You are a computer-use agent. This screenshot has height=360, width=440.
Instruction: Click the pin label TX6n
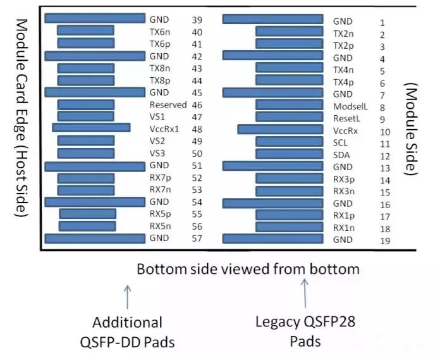[x=161, y=31]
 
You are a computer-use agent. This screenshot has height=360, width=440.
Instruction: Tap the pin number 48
[x=197, y=128]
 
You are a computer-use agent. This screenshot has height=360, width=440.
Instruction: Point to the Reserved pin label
[x=168, y=105]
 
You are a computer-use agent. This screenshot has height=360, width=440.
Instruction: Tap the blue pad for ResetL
[x=289, y=117]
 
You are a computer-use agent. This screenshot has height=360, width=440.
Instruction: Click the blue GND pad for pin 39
[x=95, y=18]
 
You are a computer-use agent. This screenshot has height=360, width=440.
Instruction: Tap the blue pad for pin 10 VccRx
[x=281, y=129]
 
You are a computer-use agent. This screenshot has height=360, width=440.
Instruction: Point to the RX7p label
[x=161, y=178]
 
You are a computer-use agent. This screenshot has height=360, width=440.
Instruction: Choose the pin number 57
[x=197, y=239]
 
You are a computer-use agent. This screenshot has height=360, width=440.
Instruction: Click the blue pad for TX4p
[x=289, y=81]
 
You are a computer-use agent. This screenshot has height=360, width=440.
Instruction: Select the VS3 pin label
[x=157, y=152]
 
